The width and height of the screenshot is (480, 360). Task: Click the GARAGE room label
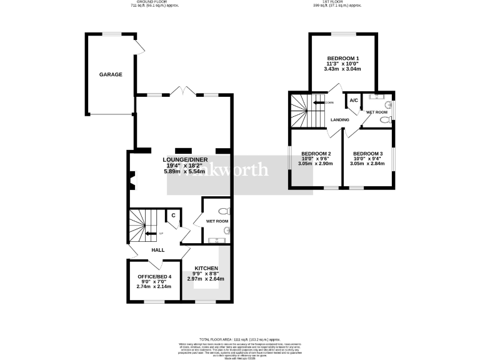(111, 74)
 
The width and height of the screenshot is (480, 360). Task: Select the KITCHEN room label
(206, 268)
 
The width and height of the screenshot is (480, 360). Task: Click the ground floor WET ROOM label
(217, 221)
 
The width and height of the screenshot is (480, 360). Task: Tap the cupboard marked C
(173, 216)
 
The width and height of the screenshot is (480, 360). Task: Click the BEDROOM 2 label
(316, 154)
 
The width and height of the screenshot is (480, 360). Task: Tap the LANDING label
(340, 119)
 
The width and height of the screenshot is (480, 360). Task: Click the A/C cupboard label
(353, 101)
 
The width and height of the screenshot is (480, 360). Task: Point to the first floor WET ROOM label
(377, 112)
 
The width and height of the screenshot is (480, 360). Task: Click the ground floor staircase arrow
(150, 234)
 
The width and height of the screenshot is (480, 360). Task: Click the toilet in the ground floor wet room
(225, 211)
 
